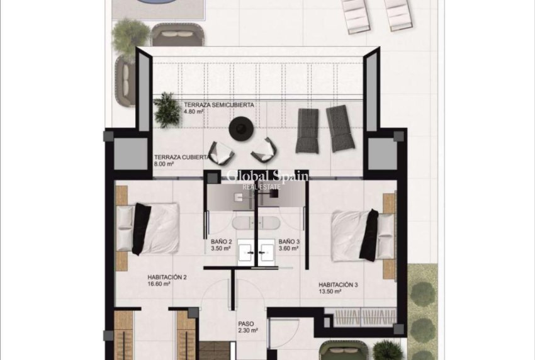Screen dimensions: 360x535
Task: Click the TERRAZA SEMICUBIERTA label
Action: [218, 105]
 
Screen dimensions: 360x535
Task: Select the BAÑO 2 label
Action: [222, 241]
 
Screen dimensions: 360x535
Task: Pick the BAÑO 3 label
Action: [288, 241]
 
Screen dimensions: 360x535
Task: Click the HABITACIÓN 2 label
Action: [167, 276]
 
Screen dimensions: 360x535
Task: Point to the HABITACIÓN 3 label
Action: [338, 284]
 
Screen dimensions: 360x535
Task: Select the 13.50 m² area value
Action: [329, 291]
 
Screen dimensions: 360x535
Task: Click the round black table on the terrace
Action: [240, 127]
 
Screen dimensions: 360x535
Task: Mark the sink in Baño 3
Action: [266, 254]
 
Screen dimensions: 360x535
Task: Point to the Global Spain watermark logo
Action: [267, 178]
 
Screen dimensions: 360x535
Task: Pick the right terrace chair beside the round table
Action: [264, 149]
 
